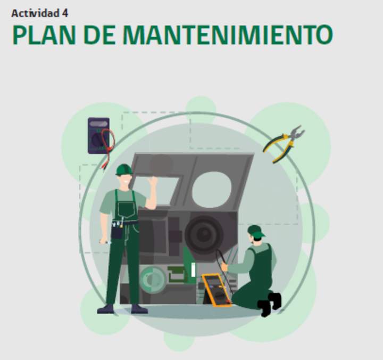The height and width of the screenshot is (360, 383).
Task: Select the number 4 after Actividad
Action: [65, 13]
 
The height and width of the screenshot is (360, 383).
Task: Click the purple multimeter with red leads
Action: [99, 136]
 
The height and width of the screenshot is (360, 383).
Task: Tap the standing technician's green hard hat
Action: [123, 169]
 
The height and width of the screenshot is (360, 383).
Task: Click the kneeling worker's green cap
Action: [255, 231]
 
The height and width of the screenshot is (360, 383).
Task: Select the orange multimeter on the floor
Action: [217, 289]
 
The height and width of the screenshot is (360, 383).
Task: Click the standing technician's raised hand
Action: [153, 182]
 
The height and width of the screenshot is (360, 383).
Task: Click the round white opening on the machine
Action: [212, 190]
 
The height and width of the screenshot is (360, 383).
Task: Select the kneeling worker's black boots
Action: [269, 304]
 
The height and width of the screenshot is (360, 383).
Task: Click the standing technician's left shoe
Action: [105, 308]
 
